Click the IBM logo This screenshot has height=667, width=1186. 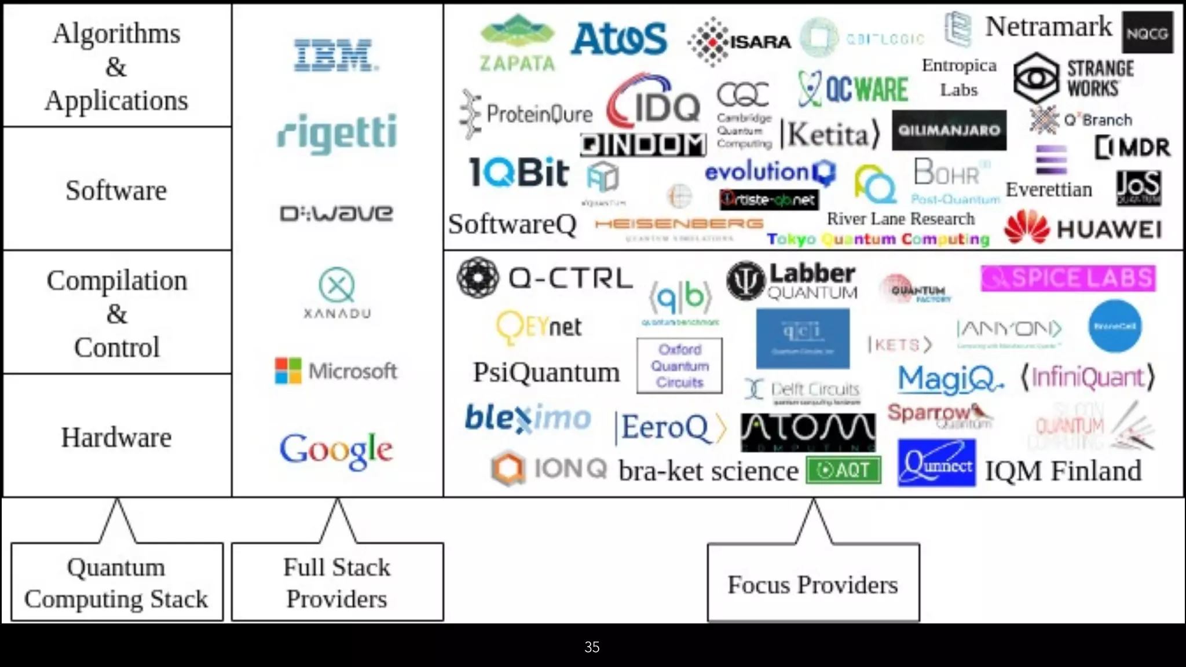(x=336, y=56)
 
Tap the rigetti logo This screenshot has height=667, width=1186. (x=337, y=133)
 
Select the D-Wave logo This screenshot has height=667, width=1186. (x=336, y=214)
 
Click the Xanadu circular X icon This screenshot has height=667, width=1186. (x=336, y=285)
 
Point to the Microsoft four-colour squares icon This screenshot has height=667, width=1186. (x=288, y=371)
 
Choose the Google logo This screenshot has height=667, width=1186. (x=336, y=450)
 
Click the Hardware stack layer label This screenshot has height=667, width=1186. (x=116, y=437)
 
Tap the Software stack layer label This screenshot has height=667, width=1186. (x=116, y=190)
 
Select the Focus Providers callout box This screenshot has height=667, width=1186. (x=812, y=584)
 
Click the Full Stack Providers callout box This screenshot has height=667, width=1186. (x=337, y=582)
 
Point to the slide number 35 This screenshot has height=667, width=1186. (x=592, y=647)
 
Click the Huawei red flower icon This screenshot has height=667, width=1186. (x=1027, y=228)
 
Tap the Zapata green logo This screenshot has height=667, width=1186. (x=517, y=43)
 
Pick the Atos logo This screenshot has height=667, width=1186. (x=618, y=39)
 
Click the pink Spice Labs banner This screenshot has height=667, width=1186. (x=1068, y=278)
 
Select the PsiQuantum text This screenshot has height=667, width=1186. (x=546, y=372)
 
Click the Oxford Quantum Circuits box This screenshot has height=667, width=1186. (x=679, y=366)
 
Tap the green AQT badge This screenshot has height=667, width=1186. (x=843, y=470)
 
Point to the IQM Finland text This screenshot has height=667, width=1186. (x=1063, y=471)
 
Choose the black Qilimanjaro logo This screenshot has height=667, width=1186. (x=949, y=130)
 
